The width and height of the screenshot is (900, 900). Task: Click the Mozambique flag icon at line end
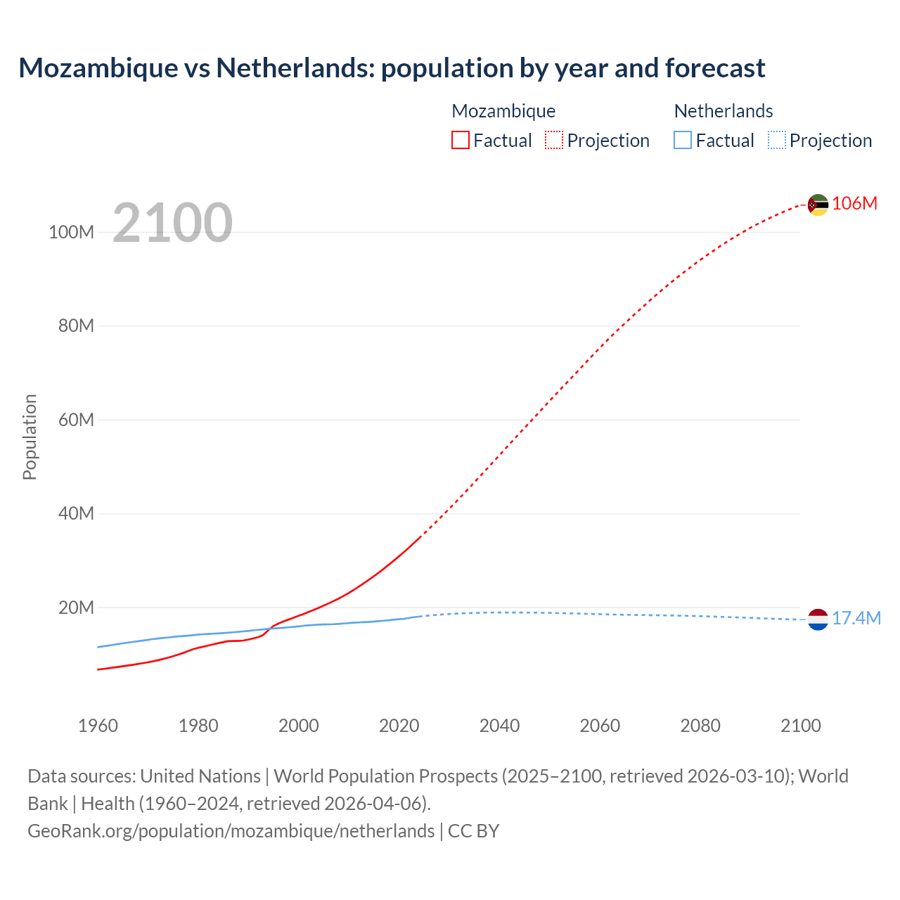tap(818, 205)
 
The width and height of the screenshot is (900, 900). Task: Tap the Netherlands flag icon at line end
tap(818, 619)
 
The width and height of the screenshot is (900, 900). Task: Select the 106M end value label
tap(854, 203)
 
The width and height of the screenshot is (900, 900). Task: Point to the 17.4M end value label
tap(856, 618)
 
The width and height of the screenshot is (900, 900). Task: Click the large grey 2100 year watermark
tap(172, 222)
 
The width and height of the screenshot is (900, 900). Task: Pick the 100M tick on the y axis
tap(71, 232)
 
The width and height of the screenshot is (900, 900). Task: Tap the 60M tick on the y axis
tap(76, 420)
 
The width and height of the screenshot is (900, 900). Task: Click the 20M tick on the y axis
tap(76, 607)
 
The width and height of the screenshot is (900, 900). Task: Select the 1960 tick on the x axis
tap(98, 726)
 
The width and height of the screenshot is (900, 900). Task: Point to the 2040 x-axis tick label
tap(499, 726)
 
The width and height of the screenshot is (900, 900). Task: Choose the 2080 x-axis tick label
tap(700, 726)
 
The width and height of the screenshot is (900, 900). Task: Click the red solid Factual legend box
tap(460, 141)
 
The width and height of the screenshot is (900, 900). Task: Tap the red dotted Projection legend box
tap(554, 141)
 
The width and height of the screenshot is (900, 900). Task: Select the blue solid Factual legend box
tap(682, 141)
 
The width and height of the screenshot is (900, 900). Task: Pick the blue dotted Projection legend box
tap(776, 141)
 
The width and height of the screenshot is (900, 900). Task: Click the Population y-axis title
tap(30, 437)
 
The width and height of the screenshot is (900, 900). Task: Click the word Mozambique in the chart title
tap(98, 68)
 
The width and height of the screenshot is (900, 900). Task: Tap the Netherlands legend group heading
tap(723, 111)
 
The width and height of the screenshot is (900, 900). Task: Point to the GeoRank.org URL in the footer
tap(231, 830)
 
